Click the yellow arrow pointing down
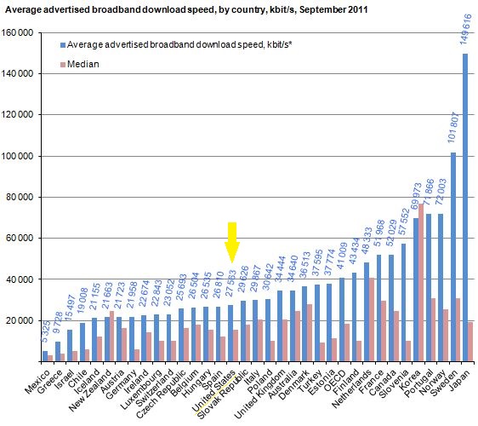coord(230,242)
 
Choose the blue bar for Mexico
coord(45,355)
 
